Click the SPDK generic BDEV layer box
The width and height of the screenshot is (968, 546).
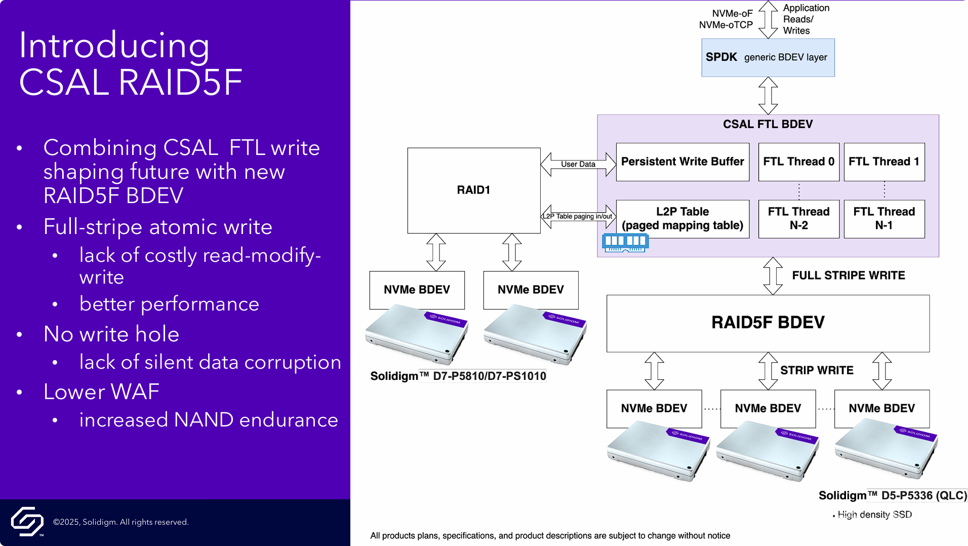(768, 58)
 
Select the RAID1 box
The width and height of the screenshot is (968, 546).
(473, 190)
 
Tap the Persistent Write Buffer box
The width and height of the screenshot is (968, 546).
(682, 162)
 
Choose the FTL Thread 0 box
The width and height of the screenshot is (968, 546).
(798, 162)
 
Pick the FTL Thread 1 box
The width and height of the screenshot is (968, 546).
(883, 162)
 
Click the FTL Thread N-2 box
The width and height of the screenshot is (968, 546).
(798, 218)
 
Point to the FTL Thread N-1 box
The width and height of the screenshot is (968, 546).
(883, 218)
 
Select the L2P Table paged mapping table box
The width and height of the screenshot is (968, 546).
(682, 218)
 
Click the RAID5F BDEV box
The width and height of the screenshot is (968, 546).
(768, 323)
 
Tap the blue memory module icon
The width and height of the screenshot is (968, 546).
(625, 242)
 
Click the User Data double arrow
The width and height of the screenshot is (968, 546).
(578, 164)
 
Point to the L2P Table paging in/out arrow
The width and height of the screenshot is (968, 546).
(578, 216)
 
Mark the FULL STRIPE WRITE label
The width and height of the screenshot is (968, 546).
(848, 276)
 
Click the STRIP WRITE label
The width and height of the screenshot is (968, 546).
(816, 370)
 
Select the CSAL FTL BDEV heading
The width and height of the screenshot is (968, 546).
(768, 124)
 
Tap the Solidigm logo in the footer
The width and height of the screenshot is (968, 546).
(27, 521)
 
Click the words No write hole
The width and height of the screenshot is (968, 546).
(111, 334)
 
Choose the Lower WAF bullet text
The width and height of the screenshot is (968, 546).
(101, 392)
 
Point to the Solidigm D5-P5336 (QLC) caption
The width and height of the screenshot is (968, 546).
(893, 495)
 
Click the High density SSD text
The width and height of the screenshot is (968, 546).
(874, 515)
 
